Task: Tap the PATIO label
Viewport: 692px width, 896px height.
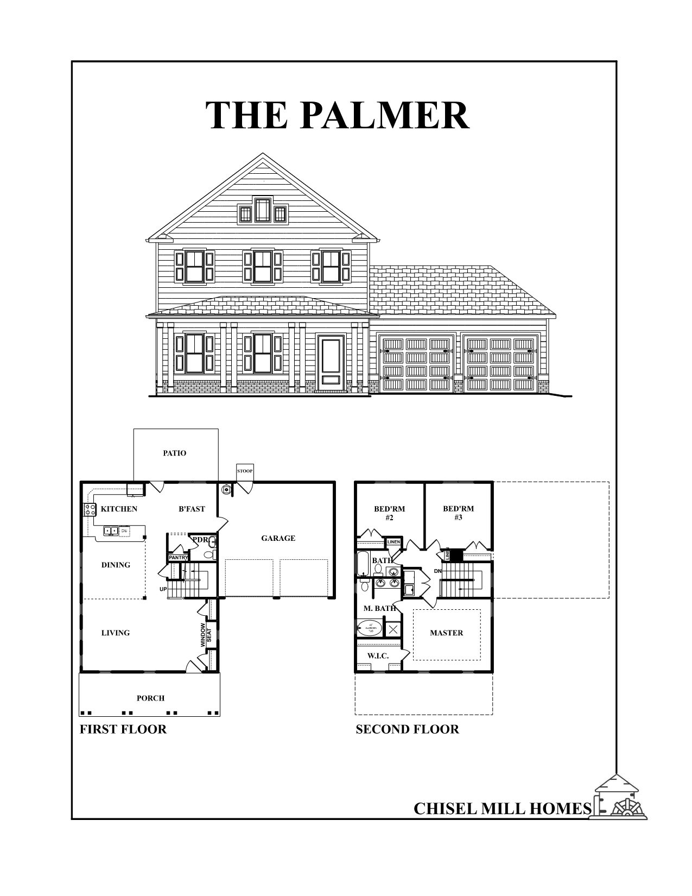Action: (174, 453)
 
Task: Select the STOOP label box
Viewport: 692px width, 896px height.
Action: (245, 471)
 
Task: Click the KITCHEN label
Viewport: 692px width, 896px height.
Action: (119, 509)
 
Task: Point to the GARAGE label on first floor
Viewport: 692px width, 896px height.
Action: (278, 538)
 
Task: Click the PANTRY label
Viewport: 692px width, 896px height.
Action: (178, 558)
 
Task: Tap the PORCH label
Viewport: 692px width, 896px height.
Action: (150, 698)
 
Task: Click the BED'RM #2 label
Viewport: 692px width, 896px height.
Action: (389, 513)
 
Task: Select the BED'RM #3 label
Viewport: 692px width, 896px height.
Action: (458, 513)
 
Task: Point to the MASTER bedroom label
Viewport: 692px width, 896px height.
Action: (446, 633)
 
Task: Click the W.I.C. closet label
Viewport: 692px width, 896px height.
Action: (378, 656)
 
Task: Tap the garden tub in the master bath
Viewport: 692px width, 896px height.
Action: (370, 629)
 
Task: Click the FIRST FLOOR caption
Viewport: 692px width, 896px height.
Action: (123, 729)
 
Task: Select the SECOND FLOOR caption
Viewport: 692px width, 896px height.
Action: (407, 729)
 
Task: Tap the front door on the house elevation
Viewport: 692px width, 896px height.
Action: (332, 361)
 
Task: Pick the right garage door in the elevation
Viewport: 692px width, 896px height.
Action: (500, 364)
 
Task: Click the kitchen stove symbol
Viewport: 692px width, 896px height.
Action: (87, 509)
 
